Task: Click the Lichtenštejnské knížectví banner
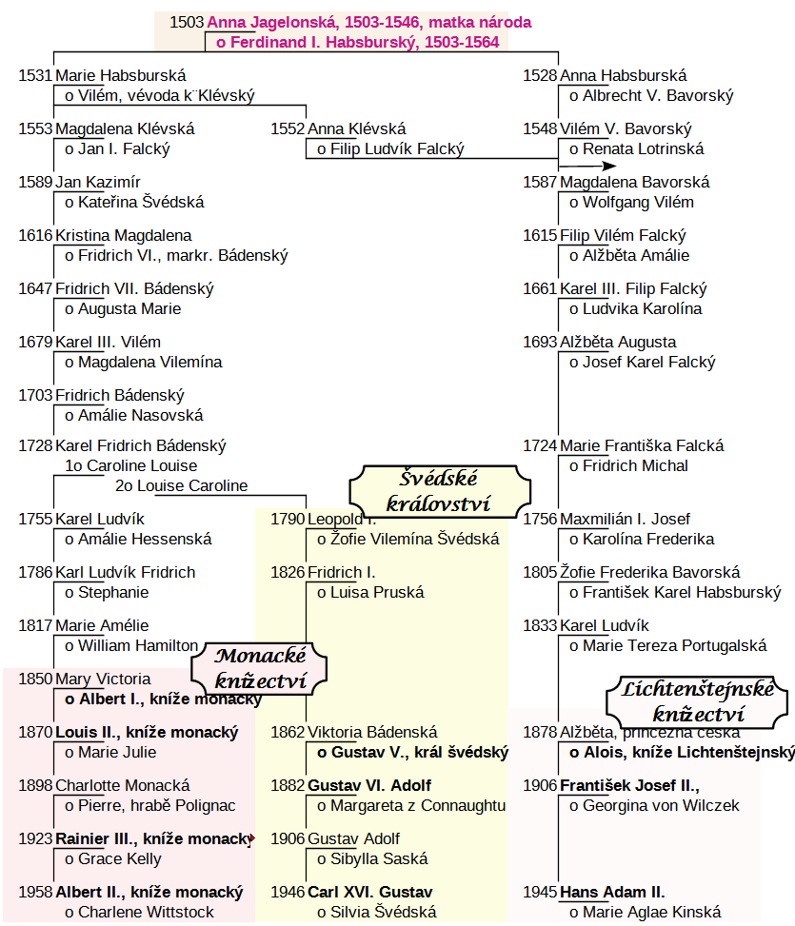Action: pyautogui.click(x=698, y=700)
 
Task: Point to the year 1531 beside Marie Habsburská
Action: pyautogui.click(x=35, y=76)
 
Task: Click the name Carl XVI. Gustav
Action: pyautogui.click(x=369, y=893)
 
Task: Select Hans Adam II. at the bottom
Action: pyautogui.click(x=612, y=893)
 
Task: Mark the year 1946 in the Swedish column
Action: pyautogui.click(x=288, y=893)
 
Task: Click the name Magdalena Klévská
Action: pyautogui.click(x=125, y=129)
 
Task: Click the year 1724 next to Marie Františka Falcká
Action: pyautogui.click(x=540, y=445)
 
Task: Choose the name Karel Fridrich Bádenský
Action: pyautogui.click(x=141, y=445)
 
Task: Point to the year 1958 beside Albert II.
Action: pyautogui.click(x=35, y=893)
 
